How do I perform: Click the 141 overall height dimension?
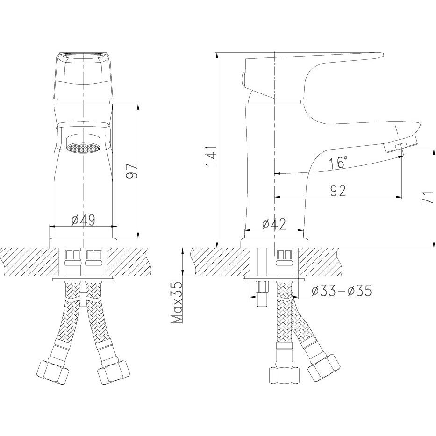210,156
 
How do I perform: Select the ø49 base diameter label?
84,220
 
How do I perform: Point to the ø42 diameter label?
274,224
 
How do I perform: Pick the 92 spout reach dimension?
338,191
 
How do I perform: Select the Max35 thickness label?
177,302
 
